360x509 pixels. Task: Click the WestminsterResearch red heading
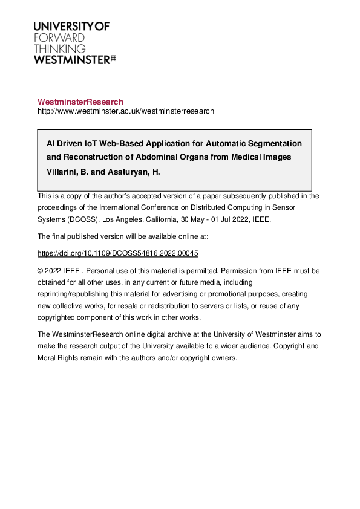80,102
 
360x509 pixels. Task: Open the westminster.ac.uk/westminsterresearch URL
126,111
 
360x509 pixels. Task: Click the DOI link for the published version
118,253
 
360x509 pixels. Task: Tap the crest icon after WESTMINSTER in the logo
113,59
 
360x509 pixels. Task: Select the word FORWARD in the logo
59,37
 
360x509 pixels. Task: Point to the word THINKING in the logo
59,48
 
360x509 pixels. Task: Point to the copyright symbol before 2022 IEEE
41,271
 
